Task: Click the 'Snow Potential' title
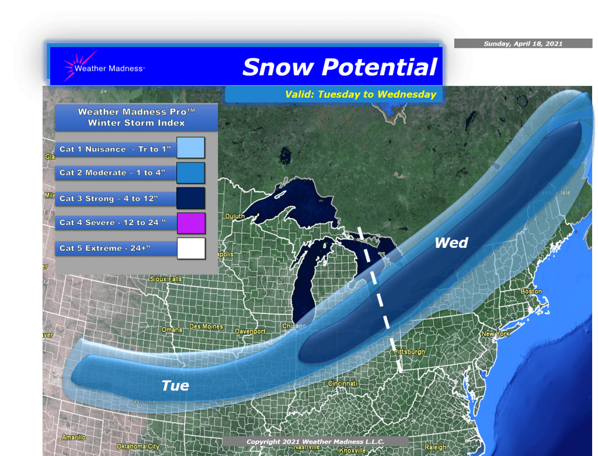click(339, 67)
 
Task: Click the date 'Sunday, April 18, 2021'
click(523, 44)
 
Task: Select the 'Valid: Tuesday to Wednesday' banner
click(360, 94)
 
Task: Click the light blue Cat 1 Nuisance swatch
click(190, 148)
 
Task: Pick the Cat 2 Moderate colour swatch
click(190, 173)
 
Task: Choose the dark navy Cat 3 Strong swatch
click(190, 198)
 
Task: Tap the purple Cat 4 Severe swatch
click(190, 223)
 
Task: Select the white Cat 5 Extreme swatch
click(190, 248)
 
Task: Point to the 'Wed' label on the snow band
click(451, 243)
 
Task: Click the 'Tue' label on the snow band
click(175, 385)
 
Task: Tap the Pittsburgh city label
click(409, 352)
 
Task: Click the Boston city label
click(531, 291)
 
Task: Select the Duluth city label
click(235, 216)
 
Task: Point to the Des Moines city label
click(206, 326)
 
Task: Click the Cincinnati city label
click(342, 384)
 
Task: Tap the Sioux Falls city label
click(166, 279)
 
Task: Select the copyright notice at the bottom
click(310, 441)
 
